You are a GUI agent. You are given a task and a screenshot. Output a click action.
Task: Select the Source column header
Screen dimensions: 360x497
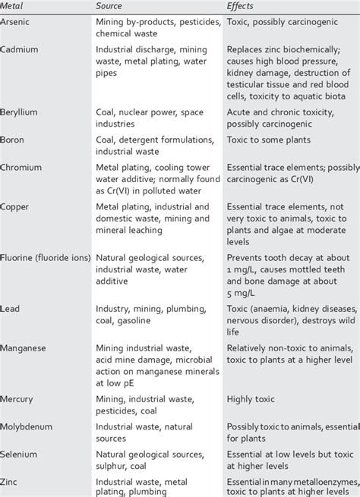110,6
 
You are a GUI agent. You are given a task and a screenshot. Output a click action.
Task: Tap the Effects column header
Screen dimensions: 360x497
242,6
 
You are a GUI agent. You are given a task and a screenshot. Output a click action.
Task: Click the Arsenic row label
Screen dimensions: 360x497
17,23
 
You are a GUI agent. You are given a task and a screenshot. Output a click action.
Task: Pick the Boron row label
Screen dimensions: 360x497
14,139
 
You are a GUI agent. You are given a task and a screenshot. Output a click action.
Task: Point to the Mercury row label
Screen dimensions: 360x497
19,399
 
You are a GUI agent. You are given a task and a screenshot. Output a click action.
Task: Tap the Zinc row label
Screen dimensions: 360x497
11,481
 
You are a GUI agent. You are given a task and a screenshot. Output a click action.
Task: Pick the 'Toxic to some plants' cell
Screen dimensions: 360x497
270,139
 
